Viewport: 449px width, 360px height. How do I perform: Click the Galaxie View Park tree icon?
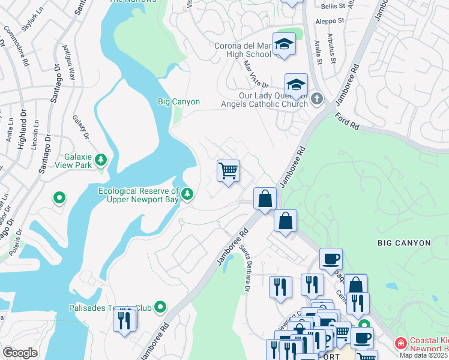point(101,160)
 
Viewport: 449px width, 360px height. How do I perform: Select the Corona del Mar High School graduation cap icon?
point(284,45)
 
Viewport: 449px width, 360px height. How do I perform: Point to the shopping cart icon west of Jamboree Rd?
point(228,172)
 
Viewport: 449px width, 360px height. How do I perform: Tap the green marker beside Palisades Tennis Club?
point(160,308)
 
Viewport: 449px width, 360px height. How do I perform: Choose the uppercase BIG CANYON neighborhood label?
point(404,243)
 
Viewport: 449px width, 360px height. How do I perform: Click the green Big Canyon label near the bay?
point(179,102)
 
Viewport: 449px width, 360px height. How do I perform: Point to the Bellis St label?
point(333,5)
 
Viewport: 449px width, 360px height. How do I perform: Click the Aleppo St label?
point(330,20)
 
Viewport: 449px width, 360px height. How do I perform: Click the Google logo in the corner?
point(20,353)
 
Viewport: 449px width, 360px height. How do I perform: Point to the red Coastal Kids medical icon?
point(400,343)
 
